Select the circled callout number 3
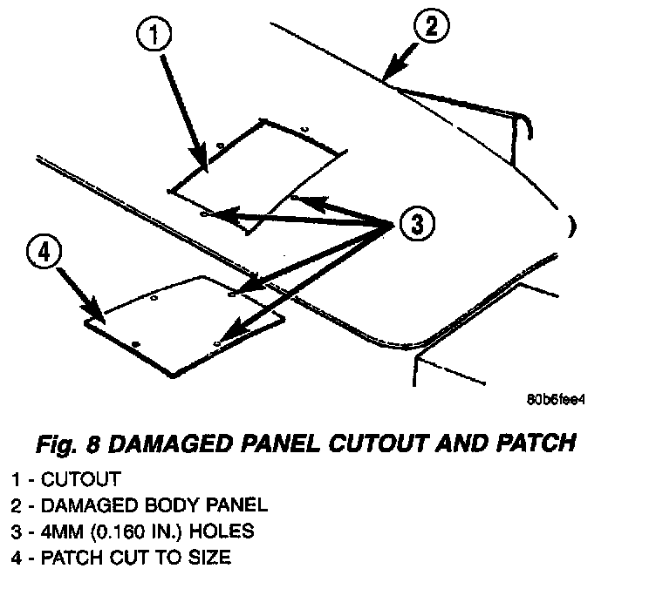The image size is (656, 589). pyautogui.click(x=416, y=225)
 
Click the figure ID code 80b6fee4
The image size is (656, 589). pyautogui.click(x=555, y=403)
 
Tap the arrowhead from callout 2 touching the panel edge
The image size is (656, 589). pyautogui.click(x=389, y=80)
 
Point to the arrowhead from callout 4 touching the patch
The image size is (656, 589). pyautogui.click(x=99, y=317)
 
